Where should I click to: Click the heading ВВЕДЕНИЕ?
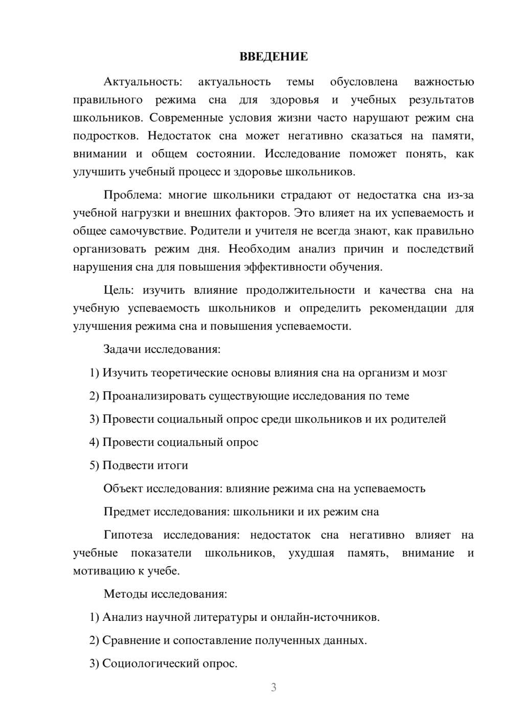click(273, 57)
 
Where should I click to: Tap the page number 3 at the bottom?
click(273, 687)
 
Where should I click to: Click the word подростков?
click(105, 136)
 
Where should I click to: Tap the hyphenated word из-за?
click(460, 195)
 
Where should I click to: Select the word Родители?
click(215, 231)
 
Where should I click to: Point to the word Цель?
click(119, 291)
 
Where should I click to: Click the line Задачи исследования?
click(162, 350)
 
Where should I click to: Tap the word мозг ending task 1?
click(434, 373)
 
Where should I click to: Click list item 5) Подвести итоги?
click(138, 466)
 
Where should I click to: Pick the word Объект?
click(123, 489)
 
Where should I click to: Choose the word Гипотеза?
click(128, 535)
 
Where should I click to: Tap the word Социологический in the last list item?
click(151, 664)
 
